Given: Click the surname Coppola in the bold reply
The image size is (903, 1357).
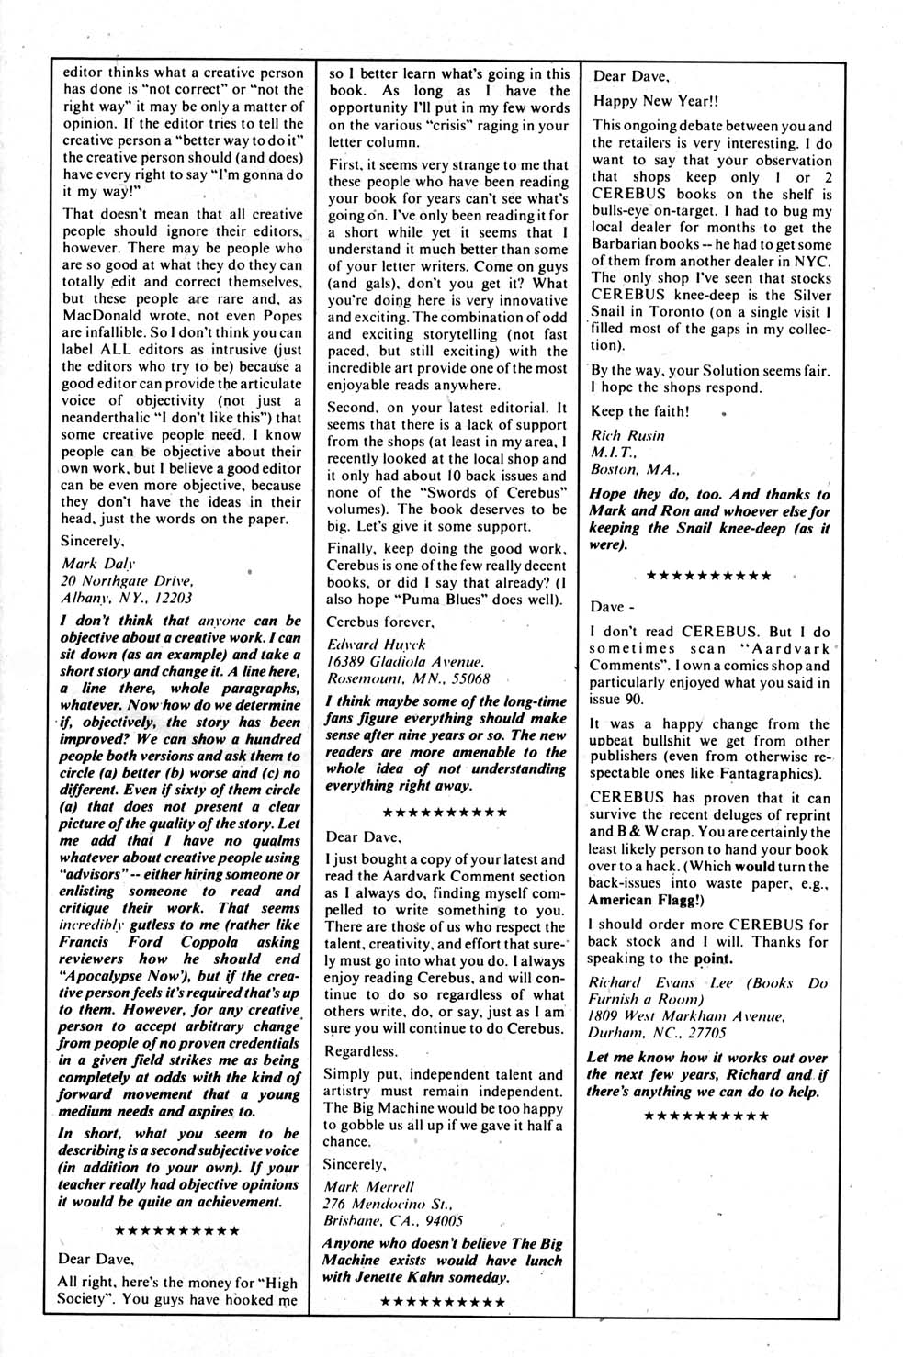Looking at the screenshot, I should [206, 942].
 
